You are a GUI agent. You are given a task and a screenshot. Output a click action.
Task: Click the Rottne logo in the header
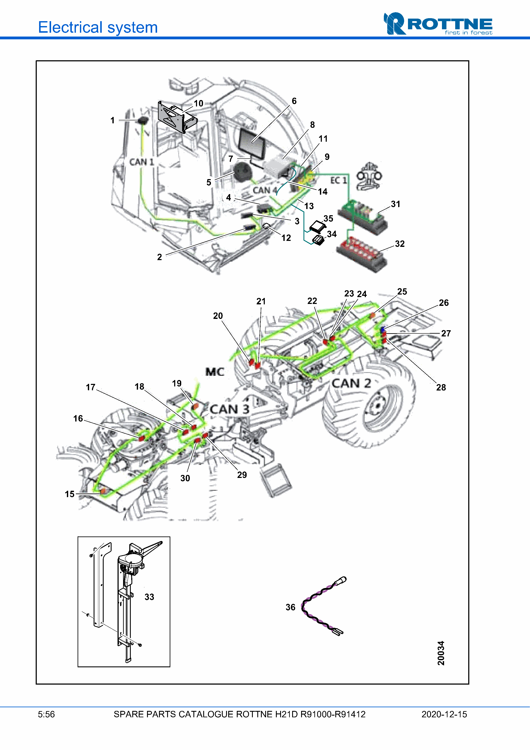tap(438, 24)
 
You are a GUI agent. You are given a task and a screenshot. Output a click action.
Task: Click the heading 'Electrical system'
tap(98, 27)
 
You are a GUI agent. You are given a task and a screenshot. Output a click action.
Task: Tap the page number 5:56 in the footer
tap(46, 714)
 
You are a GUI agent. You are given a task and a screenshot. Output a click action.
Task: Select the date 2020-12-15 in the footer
tap(444, 714)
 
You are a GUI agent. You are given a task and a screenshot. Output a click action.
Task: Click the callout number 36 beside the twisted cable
tap(290, 607)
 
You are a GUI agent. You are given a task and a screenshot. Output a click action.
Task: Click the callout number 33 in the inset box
tap(149, 597)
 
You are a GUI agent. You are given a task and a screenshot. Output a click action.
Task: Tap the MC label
tap(215, 372)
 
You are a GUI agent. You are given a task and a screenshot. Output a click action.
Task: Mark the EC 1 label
tap(338, 180)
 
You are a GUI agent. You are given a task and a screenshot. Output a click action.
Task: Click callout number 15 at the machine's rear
tap(69, 494)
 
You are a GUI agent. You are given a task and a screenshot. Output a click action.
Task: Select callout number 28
tap(441, 388)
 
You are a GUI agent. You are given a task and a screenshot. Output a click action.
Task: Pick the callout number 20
tap(218, 316)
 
